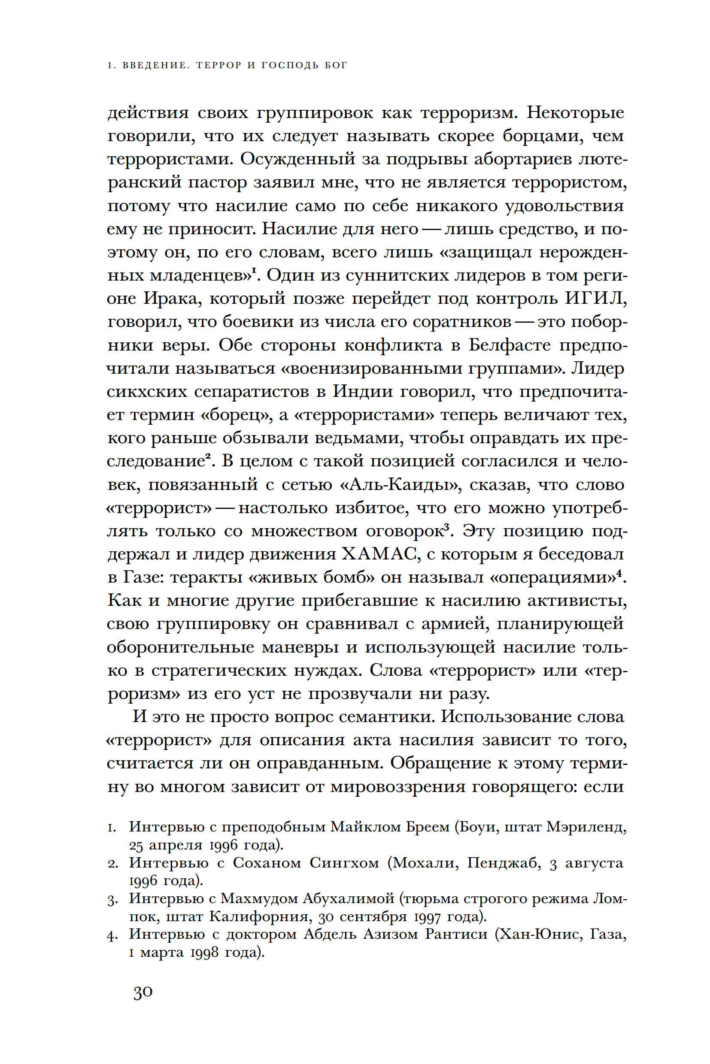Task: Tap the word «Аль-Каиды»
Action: [400, 485]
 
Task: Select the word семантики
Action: [387, 717]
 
